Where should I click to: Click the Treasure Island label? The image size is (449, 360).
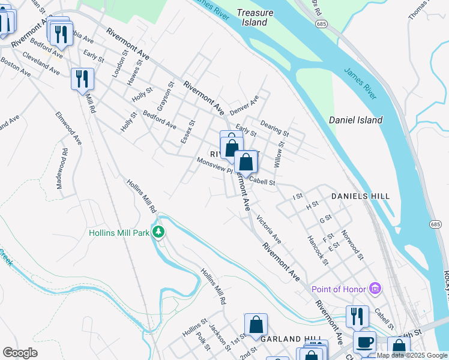pos(255,17)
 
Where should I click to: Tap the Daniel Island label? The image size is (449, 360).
pos(355,120)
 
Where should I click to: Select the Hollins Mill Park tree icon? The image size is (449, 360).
pos(158,232)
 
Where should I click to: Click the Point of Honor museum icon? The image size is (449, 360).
pos(376,289)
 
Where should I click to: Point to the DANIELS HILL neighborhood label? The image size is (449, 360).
pos(360,196)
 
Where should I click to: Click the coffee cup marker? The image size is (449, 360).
pos(364,343)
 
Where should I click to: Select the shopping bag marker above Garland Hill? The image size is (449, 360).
pos(256,324)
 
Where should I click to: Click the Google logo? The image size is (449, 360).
pos(20,353)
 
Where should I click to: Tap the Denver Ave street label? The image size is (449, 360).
pos(244,105)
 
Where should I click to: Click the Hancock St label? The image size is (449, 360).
pos(318,250)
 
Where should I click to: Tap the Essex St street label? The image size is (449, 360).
pos(188,132)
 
